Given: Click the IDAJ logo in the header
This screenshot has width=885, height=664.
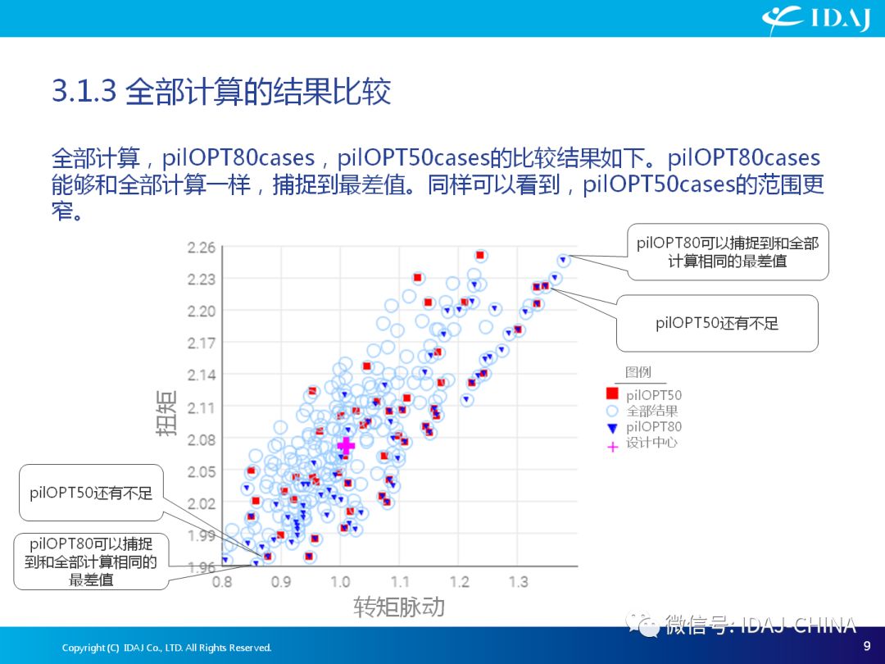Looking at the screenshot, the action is point(816,18).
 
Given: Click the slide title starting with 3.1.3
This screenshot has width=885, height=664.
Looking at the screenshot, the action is point(221,91).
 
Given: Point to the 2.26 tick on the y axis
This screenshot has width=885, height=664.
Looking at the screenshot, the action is point(202,248).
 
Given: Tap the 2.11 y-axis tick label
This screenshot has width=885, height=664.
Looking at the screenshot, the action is point(202,407).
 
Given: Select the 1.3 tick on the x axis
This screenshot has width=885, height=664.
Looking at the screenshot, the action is point(518,581).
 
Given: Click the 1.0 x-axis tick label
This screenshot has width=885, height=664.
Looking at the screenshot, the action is point(340,581).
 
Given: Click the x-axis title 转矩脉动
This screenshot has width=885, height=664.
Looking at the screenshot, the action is point(399,607).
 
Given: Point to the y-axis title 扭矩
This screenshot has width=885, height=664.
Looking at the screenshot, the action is point(166,412).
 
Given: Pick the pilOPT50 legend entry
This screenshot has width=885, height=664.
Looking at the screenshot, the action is point(644,394).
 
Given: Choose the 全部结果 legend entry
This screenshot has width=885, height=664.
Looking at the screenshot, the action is point(642,411).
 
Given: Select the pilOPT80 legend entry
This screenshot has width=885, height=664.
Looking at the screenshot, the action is point(644,427).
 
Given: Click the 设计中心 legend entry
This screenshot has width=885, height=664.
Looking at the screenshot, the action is point(642,443).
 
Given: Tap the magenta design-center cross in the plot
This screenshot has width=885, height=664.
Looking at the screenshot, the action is point(346,445).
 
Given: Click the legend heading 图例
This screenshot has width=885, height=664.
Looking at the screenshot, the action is point(638,371).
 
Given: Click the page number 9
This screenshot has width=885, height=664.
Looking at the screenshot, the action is point(867,645).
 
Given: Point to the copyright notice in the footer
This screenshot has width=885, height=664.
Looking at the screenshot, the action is point(166,648).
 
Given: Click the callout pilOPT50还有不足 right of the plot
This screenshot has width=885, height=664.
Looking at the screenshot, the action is point(717,323).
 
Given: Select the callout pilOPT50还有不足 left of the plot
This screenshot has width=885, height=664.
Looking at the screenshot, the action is point(91,493).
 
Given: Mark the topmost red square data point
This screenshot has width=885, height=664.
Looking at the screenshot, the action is point(479,255).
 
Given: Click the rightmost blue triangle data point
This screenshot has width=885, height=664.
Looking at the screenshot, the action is point(563,260).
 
